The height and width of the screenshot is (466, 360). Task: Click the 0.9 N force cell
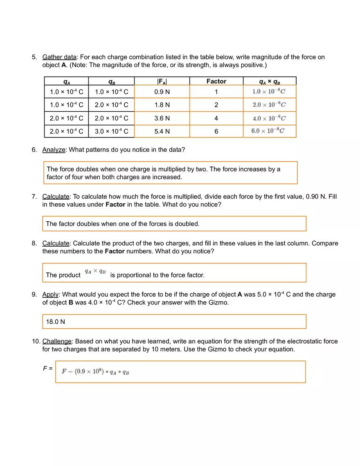click(x=162, y=92)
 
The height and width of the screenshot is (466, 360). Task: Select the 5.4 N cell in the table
click(x=162, y=131)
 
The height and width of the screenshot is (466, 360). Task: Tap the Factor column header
click(x=216, y=81)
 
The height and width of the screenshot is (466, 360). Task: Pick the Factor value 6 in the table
click(x=216, y=131)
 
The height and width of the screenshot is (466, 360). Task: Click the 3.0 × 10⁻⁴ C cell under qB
click(x=111, y=131)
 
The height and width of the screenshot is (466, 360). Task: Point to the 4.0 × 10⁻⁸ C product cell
click(x=269, y=118)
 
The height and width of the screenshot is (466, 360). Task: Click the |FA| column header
click(x=162, y=81)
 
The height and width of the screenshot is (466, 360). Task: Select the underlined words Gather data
click(x=59, y=57)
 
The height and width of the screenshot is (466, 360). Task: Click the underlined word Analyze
click(x=54, y=150)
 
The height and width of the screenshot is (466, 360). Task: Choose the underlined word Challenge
click(x=57, y=341)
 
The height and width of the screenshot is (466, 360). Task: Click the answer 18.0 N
click(x=56, y=322)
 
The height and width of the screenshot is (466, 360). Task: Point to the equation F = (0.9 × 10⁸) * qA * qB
click(x=95, y=372)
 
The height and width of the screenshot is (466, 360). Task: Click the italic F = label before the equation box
click(x=47, y=369)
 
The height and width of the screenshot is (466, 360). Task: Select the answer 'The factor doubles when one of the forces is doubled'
click(x=123, y=224)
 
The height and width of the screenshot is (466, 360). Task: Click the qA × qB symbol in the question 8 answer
click(x=95, y=272)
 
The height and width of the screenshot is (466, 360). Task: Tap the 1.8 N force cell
click(x=162, y=105)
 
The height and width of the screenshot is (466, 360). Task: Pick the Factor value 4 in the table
click(x=216, y=118)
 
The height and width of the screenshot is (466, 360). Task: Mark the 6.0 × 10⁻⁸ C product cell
click(x=268, y=131)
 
